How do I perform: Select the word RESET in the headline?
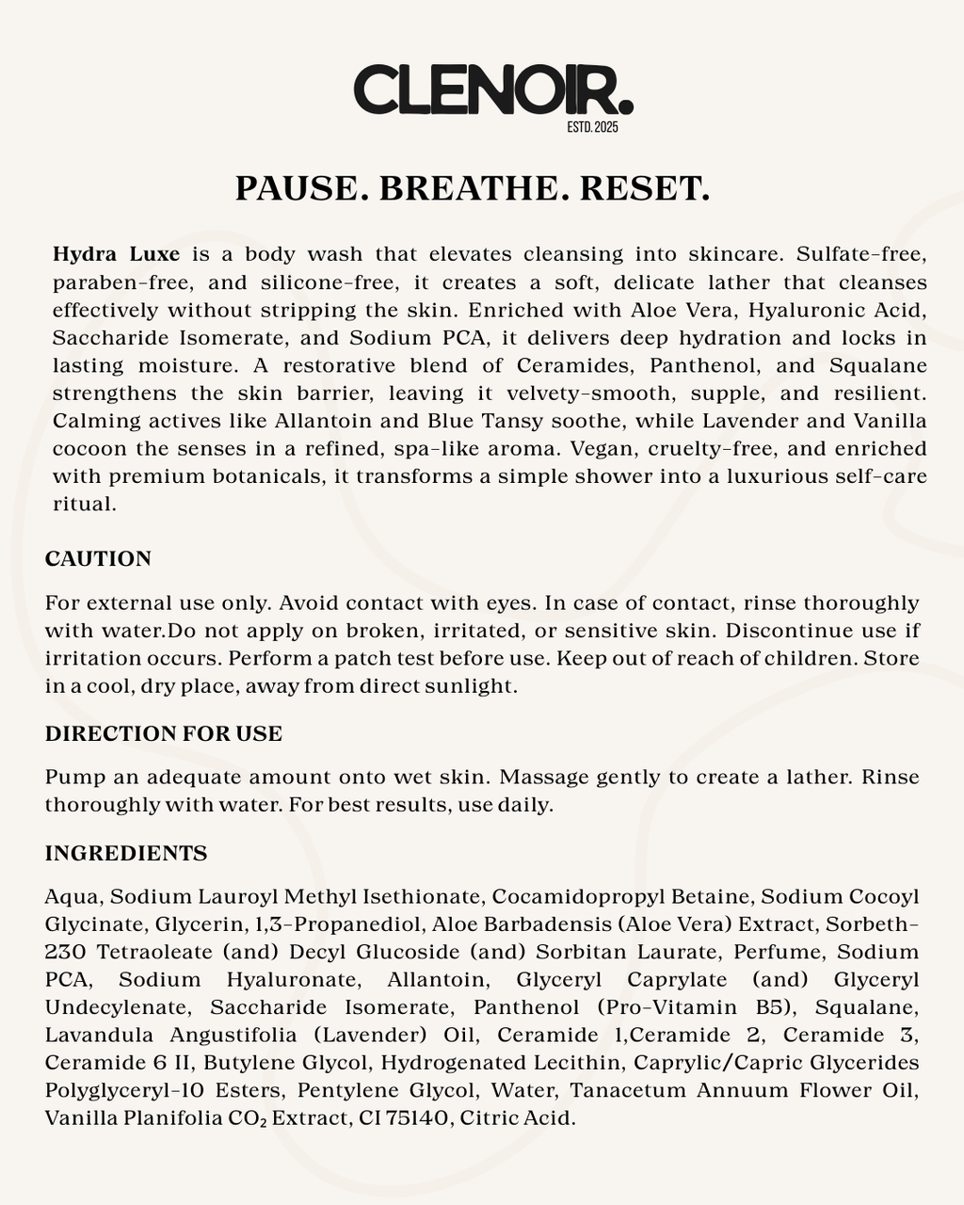tap(644, 188)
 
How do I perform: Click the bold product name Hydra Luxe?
tap(117, 254)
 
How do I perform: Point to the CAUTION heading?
tap(98, 559)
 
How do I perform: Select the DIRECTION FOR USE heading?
tap(164, 734)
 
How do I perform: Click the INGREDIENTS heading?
tap(126, 854)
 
